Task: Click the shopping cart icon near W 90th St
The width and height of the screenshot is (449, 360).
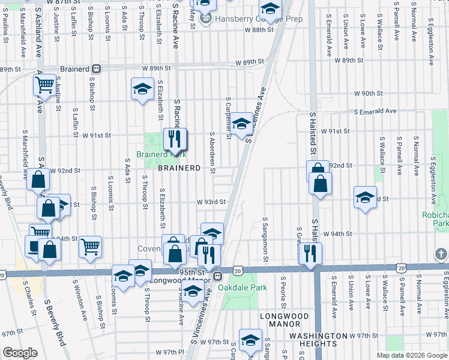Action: [x=45, y=87]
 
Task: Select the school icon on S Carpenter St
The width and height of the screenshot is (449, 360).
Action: [x=241, y=125]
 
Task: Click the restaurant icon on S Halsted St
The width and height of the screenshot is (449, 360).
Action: [x=310, y=253]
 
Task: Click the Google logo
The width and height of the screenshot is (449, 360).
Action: [x=20, y=353]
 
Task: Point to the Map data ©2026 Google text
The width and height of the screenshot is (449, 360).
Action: [x=411, y=355]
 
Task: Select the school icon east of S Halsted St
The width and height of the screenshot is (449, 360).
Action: [x=365, y=198]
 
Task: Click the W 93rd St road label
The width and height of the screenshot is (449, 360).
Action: [x=211, y=203]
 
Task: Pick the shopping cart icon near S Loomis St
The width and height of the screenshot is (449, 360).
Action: [x=90, y=246]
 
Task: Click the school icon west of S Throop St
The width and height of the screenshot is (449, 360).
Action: [x=142, y=90]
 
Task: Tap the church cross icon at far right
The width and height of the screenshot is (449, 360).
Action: [x=441, y=254]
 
